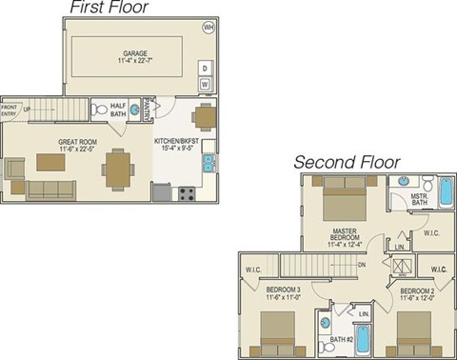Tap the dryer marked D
(205, 68)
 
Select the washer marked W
(205, 84)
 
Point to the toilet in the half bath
(100, 110)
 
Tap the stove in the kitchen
(187, 191)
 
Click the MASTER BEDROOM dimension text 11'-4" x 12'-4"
(344, 244)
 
